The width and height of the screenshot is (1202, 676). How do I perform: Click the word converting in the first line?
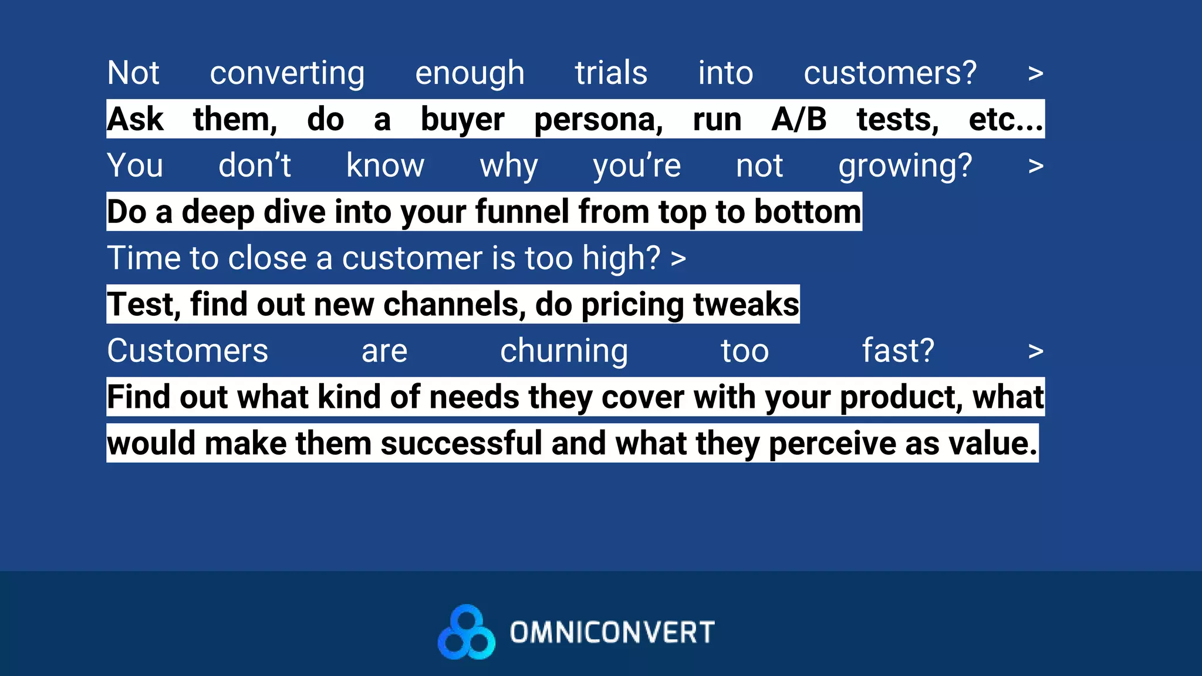click(287, 74)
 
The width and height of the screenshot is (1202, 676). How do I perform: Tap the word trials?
click(611, 73)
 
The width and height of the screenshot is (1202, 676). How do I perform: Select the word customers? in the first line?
click(890, 73)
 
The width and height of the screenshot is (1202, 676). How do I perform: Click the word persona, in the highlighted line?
click(598, 120)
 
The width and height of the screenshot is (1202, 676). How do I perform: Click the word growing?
click(905, 167)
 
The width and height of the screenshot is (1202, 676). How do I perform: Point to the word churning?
click(563, 351)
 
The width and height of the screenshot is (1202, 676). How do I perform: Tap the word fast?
click(897, 351)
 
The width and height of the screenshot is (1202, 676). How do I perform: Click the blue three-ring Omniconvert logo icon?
click(467, 633)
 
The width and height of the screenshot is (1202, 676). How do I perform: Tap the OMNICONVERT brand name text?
click(612, 633)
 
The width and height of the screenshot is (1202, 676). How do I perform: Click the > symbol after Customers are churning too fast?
click(1035, 351)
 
